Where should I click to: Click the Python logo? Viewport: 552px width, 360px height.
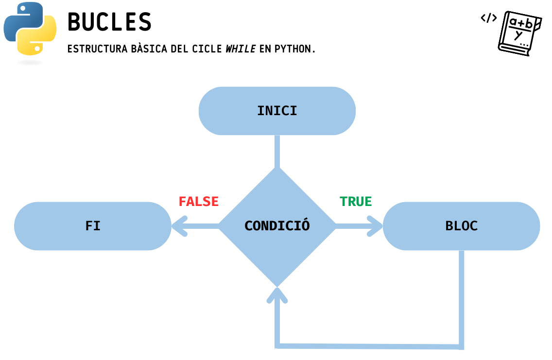click(30, 28)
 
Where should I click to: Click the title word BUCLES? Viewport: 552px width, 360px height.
click(109, 22)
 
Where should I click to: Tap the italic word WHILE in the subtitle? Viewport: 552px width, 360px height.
click(241, 49)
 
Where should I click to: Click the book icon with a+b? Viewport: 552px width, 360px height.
click(519, 33)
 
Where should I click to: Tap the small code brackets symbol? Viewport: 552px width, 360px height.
click(489, 18)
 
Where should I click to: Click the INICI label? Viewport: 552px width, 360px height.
click(277, 111)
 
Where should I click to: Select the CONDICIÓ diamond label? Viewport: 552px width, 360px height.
click(277, 226)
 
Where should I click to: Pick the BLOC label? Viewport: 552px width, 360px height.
click(462, 226)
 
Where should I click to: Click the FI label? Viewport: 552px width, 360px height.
click(93, 226)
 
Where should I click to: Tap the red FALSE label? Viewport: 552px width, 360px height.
click(199, 202)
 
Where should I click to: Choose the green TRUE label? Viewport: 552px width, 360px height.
click(356, 202)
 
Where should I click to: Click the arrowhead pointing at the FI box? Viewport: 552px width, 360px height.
click(179, 226)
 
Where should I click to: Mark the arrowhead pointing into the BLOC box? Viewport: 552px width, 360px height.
click(376, 226)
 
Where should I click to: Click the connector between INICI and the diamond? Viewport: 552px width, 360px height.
click(277, 151)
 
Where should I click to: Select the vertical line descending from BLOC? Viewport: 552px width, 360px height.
click(461, 296)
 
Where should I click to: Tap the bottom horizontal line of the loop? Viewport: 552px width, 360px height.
click(369, 346)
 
